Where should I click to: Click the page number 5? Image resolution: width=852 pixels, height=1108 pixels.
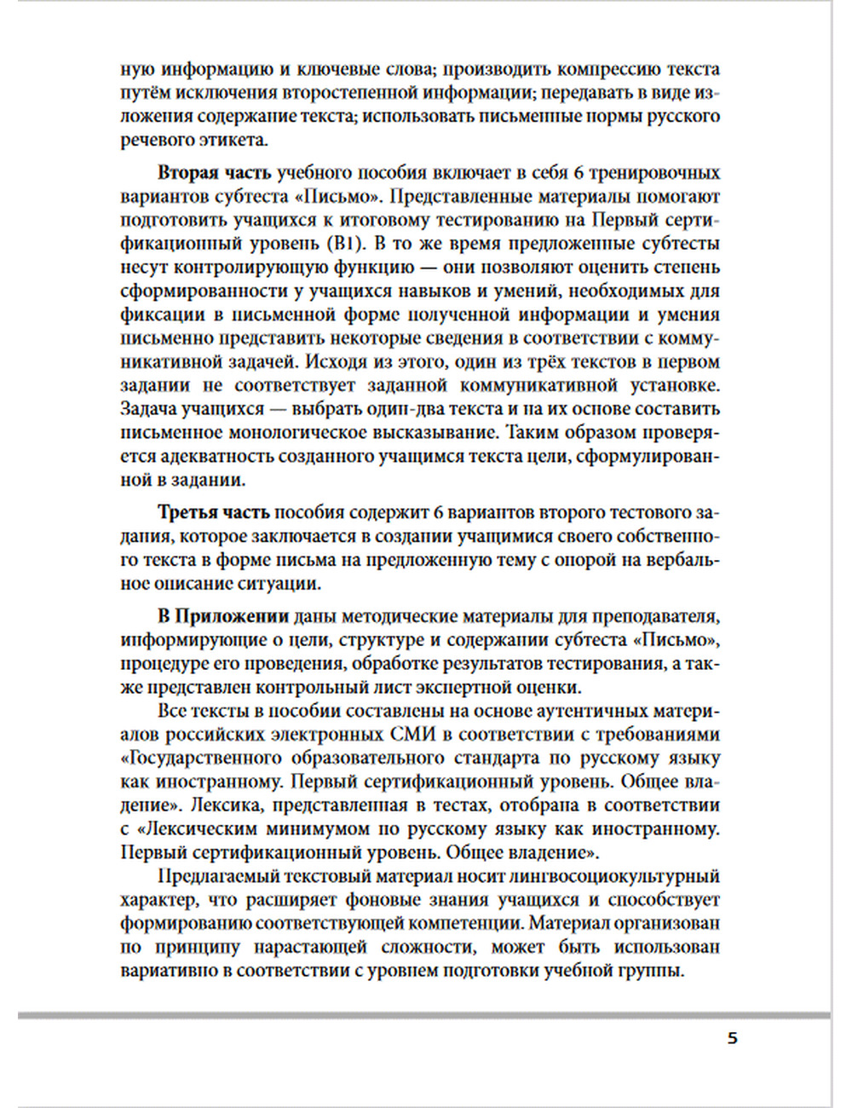click(x=732, y=1038)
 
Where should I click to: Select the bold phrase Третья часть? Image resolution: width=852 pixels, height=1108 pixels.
click(x=213, y=512)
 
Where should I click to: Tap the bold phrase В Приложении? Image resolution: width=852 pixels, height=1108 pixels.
click(x=223, y=616)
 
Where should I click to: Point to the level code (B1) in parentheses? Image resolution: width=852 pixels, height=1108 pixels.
click(x=345, y=243)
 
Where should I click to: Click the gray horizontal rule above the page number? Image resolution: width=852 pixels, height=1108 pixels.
click(x=423, y=1015)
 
